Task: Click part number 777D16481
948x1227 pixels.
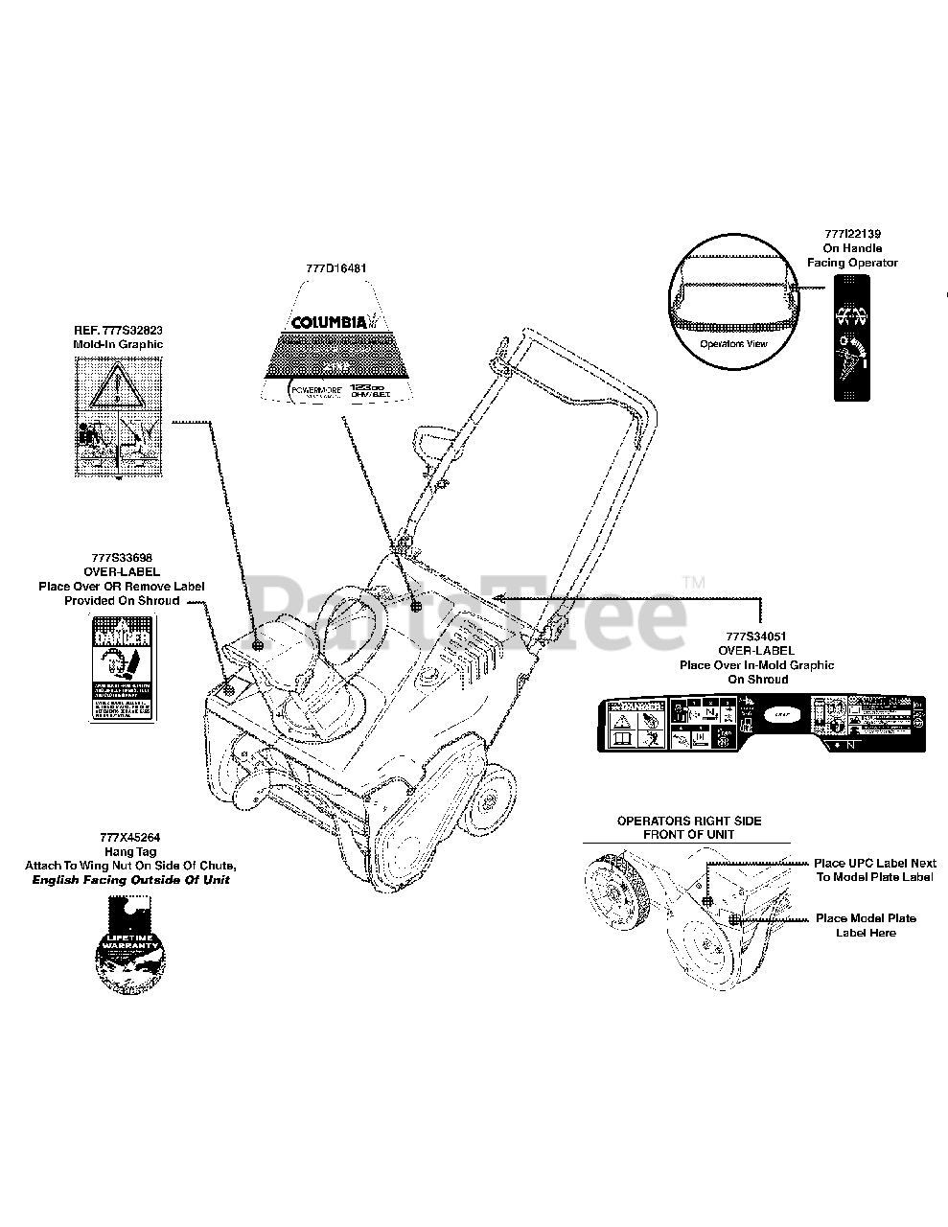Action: (335, 269)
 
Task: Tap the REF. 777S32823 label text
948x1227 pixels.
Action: (118, 329)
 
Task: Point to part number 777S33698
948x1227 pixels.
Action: (122, 557)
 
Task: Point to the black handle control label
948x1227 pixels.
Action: (852, 337)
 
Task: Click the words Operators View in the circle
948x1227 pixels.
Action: (733, 342)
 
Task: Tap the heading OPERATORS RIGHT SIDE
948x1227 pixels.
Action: (688, 822)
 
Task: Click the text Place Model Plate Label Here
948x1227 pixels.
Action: (865, 925)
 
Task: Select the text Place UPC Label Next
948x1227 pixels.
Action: (874, 863)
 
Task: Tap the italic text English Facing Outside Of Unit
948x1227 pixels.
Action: (130, 879)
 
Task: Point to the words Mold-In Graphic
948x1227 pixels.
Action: (118, 344)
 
